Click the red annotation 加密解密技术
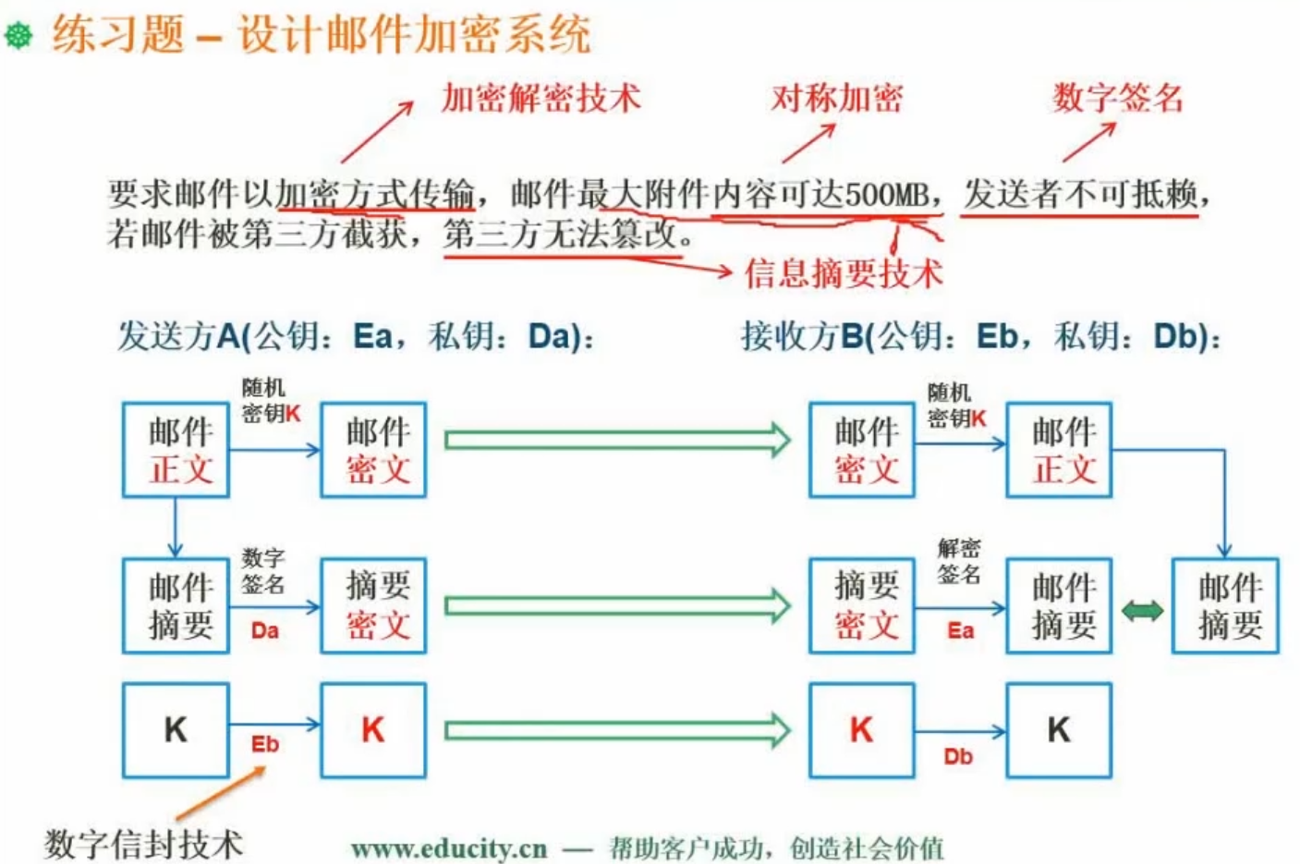(x=541, y=98)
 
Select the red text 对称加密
(x=837, y=98)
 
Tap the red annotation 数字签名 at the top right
(x=1117, y=98)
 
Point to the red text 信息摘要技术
(x=844, y=273)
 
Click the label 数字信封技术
(x=143, y=844)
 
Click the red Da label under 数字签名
(x=264, y=631)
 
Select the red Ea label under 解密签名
(x=960, y=631)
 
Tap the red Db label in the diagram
(x=958, y=757)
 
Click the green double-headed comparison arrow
(x=1142, y=611)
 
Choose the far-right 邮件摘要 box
(x=1225, y=606)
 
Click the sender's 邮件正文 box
(x=176, y=450)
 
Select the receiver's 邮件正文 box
(x=1059, y=450)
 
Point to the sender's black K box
(x=176, y=730)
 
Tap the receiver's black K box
(x=1059, y=730)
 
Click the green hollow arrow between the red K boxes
(x=617, y=731)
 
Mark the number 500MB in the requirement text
(x=886, y=195)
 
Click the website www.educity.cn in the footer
(x=449, y=848)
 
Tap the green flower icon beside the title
(x=18, y=35)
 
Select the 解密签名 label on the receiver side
(x=959, y=561)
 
